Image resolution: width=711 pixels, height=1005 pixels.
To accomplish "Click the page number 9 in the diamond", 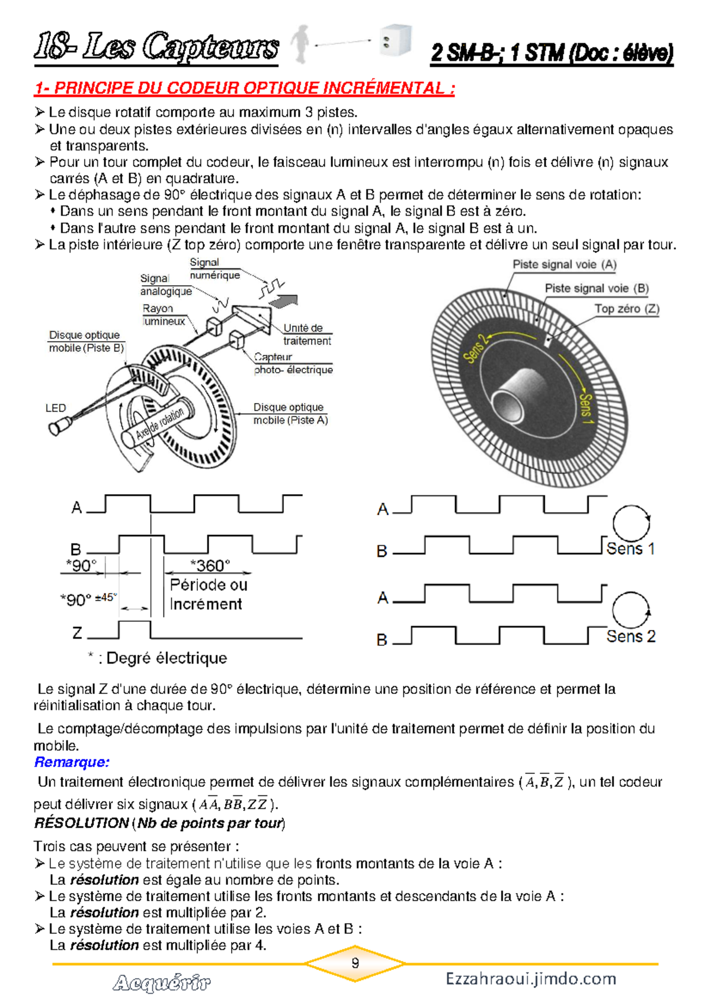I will point(355,963).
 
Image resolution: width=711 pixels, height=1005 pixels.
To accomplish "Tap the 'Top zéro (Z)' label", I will point(626,309).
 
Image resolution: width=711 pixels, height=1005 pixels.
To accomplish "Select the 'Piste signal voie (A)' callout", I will point(564,264).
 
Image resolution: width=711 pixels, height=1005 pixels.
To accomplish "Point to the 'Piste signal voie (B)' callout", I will point(596,289).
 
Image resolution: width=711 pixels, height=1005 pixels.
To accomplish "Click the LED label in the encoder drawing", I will point(56,408).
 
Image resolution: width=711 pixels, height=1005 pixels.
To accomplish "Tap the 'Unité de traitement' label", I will point(307,334).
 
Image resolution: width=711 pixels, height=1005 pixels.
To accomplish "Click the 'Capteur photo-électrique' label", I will point(293,363).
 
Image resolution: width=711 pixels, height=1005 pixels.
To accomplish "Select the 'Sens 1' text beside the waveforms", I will point(630,549).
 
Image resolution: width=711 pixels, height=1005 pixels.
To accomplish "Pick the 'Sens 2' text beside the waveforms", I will point(630,636).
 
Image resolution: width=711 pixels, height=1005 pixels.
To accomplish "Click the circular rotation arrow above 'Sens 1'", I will point(631,523).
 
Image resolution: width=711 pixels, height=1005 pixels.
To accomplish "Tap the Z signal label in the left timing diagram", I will point(77,633).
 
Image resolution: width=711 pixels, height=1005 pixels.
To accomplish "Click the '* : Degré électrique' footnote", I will point(158,658).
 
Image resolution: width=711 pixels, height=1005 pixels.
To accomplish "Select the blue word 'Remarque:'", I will point(72,762).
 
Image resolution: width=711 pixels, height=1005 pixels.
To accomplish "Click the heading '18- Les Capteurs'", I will point(156,47).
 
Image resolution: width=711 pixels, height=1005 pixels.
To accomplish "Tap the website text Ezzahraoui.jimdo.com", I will point(531,978).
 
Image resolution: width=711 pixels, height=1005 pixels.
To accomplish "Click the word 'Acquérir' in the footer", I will point(161,983).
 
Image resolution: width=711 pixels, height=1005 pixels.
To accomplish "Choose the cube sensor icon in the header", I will point(395,40).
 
